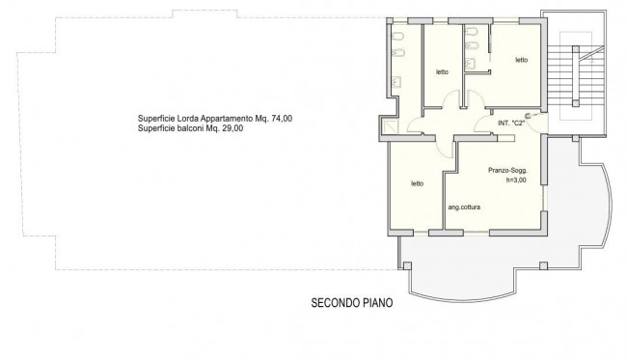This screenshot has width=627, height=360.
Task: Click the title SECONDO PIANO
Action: [x=352, y=303]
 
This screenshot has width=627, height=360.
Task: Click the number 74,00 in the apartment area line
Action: [x=282, y=119]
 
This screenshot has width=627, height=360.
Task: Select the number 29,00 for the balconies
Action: [x=232, y=128]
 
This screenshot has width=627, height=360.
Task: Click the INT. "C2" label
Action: [x=511, y=124]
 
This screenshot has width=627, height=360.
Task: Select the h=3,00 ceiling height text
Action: [x=516, y=180]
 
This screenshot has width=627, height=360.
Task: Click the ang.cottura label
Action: [x=464, y=208]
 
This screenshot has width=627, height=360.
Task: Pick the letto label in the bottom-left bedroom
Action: [x=417, y=183]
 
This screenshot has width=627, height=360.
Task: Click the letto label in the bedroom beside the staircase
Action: [x=522, y=60]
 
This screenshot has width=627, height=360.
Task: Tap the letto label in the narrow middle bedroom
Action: [x=442, y=72]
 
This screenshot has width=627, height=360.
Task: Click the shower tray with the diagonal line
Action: [x=391, y=126]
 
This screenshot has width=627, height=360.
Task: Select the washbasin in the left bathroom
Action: [x=396, y=82]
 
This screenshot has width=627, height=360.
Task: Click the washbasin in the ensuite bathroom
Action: [x=471, y=63]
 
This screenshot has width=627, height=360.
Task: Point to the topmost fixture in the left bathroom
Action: [x=397, y=37]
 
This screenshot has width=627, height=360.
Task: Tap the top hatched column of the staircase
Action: [x=576, y=49]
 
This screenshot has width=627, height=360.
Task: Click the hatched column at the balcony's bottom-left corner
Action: [x=407, y=265]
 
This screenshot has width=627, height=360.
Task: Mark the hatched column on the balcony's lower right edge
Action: [x=543, y=265]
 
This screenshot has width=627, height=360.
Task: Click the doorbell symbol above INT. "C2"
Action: [x=528, y=116]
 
